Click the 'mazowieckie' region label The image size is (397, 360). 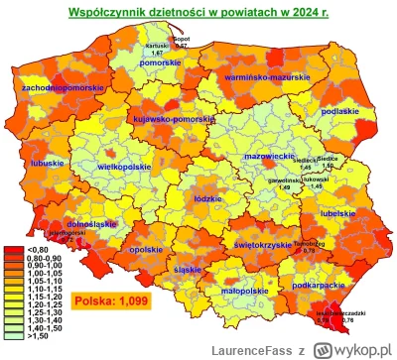click(266, 157)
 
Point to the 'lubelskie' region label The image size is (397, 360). click(339, 211)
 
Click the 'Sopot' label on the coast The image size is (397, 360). click(182, 38)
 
